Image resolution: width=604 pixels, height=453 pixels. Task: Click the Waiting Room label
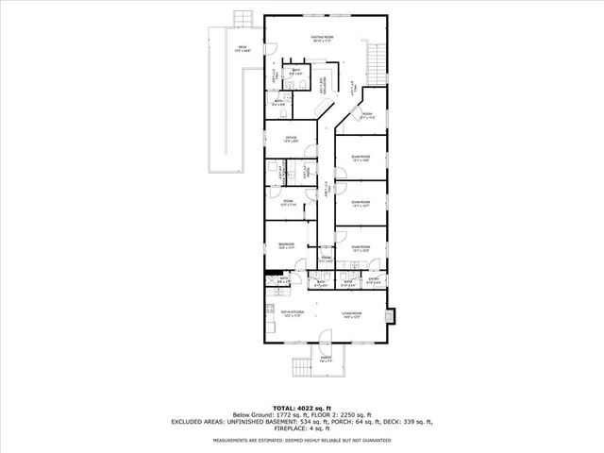[326, 38]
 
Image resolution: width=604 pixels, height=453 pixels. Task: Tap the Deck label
[242, 49]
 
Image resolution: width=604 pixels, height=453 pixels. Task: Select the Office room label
[292, 140]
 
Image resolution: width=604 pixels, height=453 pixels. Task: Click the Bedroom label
[286, 245]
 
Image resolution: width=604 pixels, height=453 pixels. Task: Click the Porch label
[325, 360]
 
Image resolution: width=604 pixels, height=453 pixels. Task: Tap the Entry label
[373, 280]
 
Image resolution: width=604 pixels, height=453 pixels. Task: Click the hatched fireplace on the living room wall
[394, 314]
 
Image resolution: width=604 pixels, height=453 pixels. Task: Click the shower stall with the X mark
[270, 279]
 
